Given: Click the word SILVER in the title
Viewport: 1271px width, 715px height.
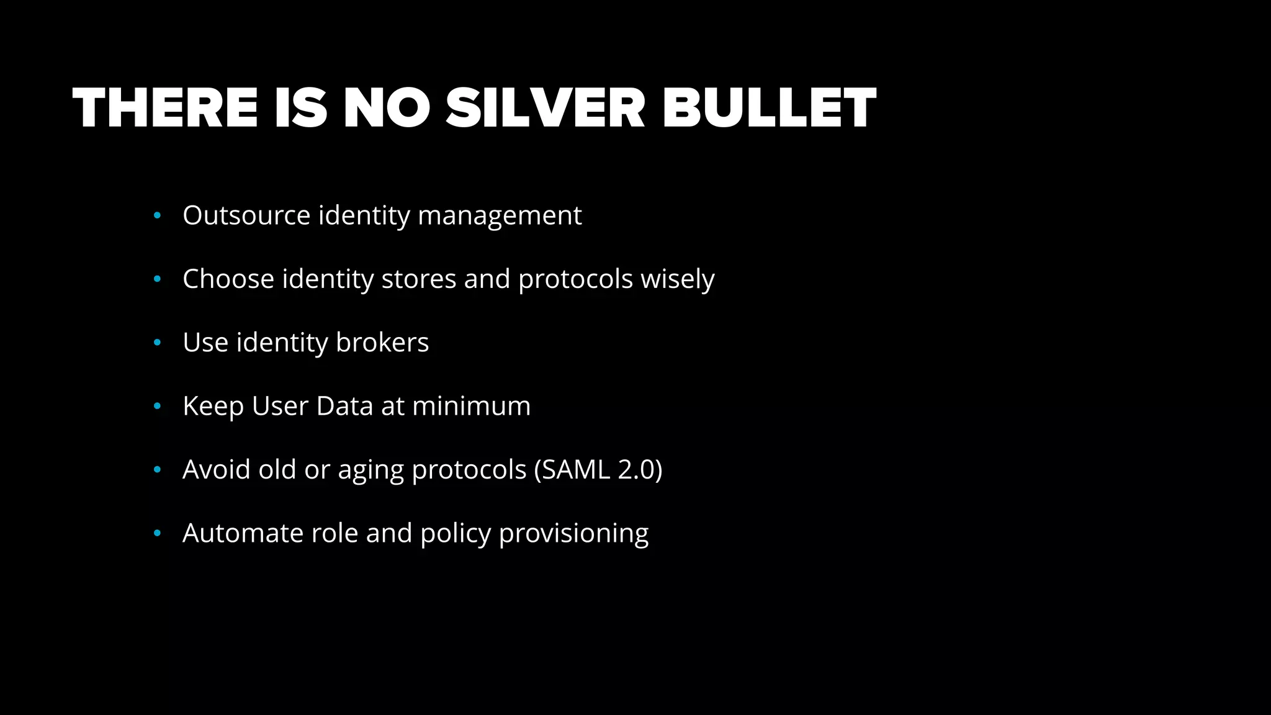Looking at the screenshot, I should click(x=545, y=109).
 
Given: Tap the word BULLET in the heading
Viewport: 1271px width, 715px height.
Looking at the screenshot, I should click(x=769, y=109).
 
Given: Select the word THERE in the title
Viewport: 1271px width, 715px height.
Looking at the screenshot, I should click(x=165, y=109).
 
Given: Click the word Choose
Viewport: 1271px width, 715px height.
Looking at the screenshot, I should click(x=228, y=279).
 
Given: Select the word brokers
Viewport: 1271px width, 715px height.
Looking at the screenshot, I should click(x=382, y=342).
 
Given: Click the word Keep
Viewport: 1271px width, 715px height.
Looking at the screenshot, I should click(x=213, y=407).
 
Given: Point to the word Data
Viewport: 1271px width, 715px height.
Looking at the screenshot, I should click(x=344, y=406).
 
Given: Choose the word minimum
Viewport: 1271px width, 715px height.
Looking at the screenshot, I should click(x=472, y=406).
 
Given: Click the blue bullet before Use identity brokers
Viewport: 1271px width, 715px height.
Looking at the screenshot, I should click(x=157, y=343).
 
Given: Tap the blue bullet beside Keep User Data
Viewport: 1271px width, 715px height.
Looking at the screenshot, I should click(x=157, y=407).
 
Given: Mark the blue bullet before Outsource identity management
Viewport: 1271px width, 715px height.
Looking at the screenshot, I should click(x=157, y=216).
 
